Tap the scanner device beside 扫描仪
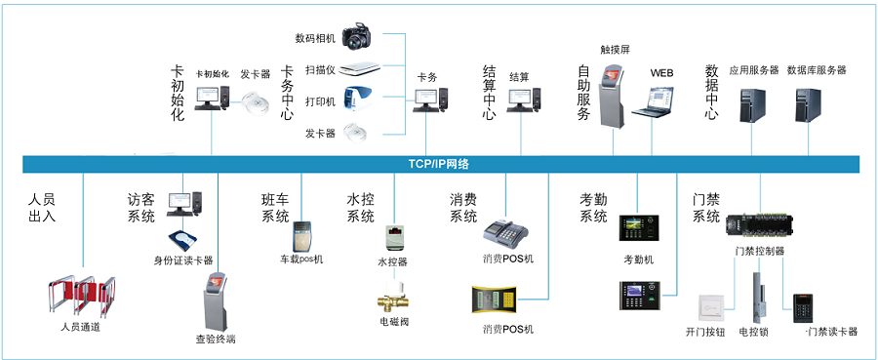pos(359,68)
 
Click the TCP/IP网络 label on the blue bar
pos(438,164)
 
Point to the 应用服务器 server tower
pos(752,104)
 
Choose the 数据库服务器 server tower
pos(808,104)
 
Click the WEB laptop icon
pos(653,101)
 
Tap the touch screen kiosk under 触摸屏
pos(612,97)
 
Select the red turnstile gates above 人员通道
pos(81,296)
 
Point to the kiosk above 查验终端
pos(216,301)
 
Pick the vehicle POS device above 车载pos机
pos(301,235)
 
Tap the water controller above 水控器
pos(394,238)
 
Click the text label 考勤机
pos(638,260)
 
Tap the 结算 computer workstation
pos(524,100)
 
